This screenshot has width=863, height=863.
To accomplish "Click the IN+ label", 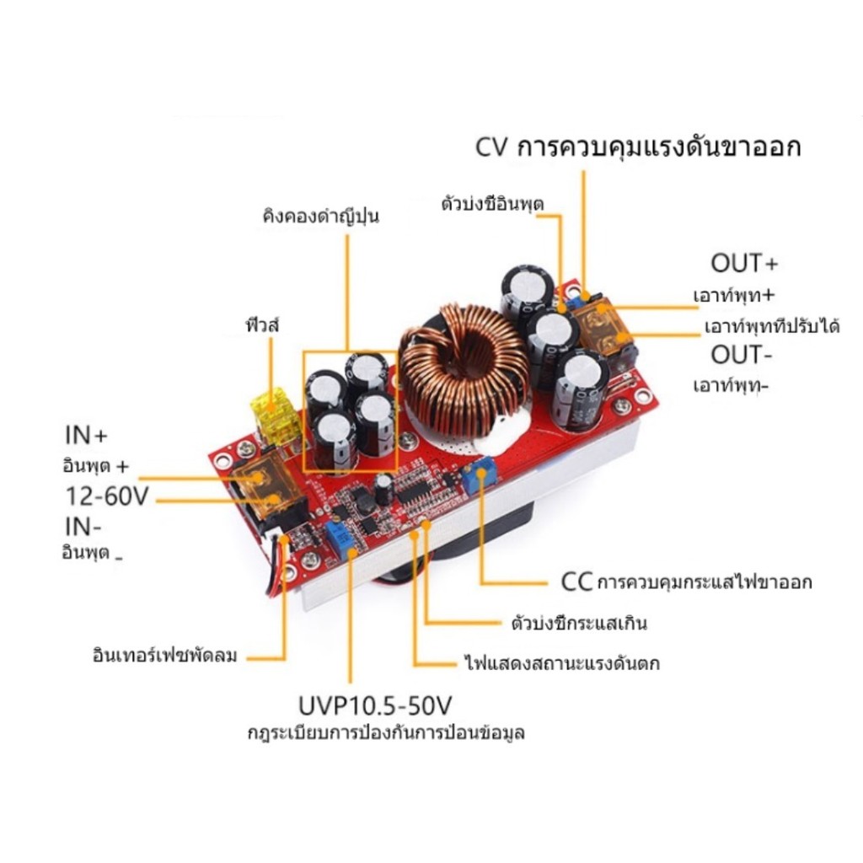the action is [x=86, y=436].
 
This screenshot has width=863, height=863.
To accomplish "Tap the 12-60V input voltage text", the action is [x=107, y=496].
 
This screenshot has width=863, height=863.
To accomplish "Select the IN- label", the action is [x=83, y=527].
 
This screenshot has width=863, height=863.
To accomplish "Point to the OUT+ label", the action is [x=745, y=263].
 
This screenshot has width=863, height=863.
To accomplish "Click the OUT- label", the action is [x=742, y=355].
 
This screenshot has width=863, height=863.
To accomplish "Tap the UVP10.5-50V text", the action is [x=375, y=705].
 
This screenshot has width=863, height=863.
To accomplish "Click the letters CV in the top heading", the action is [x=490, y=147].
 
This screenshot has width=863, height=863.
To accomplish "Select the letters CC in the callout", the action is [x=576, y=582].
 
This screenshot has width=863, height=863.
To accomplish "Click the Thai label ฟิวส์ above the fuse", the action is [x=263, y=324].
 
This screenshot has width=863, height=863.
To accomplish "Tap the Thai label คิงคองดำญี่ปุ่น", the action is [x=321, y=215].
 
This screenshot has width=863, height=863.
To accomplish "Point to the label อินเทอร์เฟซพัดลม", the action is [x=165, y=656].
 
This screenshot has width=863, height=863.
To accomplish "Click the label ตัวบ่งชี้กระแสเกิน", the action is [x=579, y=623].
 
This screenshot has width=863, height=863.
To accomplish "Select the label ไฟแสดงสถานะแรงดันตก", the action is [x=562, y=662].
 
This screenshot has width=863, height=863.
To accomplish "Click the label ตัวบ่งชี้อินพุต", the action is [x=492, y=204].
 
